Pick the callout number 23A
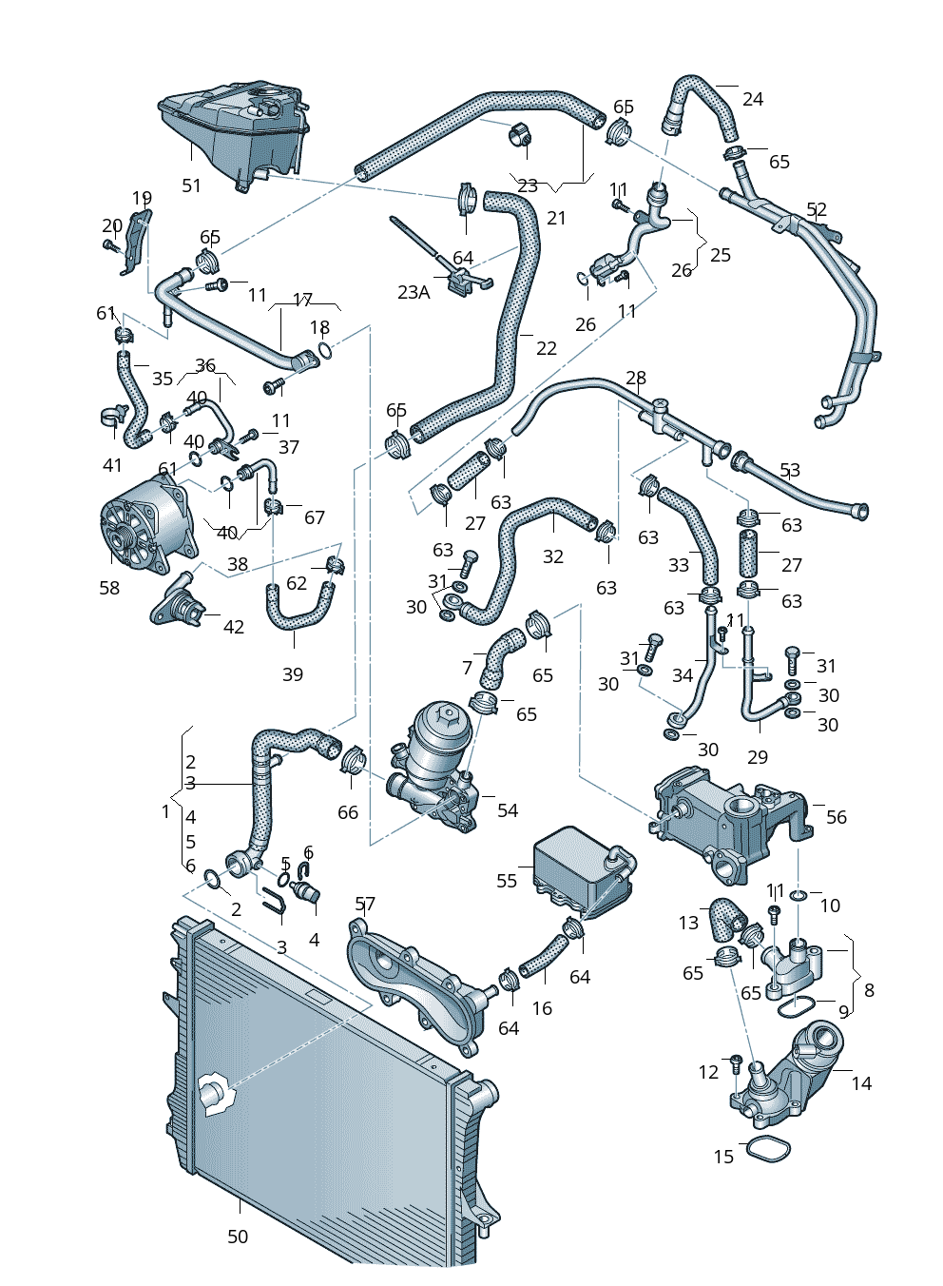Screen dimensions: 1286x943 coord(414,292)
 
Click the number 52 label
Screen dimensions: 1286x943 coord(817,210)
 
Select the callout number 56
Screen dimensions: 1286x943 coord(836,817)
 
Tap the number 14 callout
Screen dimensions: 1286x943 coord(861,1083)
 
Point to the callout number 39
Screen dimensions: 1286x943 coord(293,674)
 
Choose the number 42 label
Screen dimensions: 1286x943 coord(234,627)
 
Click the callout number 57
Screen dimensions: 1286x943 coord(365,904)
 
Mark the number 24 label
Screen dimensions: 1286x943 coord(753,99)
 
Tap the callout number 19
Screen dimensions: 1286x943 coord(142,199)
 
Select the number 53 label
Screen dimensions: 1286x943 coord(790,470)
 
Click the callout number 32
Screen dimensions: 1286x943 coord(553,556)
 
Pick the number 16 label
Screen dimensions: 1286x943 coord(542,1008)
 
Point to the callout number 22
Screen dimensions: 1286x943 coord(547,348)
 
